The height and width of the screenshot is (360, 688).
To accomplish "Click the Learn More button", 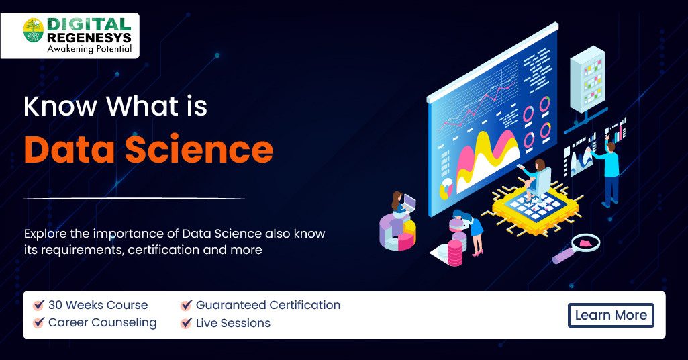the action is (x=611, y=315).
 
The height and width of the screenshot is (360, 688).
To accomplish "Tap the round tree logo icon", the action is (x=34, y=30).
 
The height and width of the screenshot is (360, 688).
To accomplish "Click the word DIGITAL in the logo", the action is (x=89, y=24).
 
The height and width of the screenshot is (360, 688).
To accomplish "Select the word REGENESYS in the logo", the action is (x=89, y=38).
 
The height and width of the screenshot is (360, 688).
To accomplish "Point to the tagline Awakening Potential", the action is (x=89, y=49).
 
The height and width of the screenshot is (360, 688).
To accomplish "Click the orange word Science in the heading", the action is (x=199, y=149).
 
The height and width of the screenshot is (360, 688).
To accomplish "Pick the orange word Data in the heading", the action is (x=69, y=150).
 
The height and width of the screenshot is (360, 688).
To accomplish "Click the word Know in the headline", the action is (x=60, y=106).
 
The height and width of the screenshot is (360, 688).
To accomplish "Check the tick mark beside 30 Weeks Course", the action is (x=39, y=305).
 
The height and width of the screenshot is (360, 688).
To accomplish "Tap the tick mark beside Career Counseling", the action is (x=39, y=322).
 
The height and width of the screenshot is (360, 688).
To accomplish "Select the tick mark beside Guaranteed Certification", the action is (x=186, y=305).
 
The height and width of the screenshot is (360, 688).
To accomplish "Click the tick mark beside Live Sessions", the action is (x=186, y=322).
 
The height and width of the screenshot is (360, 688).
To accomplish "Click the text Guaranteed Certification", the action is (x=268, y=305).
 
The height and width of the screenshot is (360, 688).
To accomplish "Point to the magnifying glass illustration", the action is (x=576, y=248).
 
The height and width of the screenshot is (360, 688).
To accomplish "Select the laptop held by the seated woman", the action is (x=409, y=202).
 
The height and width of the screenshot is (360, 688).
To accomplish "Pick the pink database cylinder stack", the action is (x=454, y=253).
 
